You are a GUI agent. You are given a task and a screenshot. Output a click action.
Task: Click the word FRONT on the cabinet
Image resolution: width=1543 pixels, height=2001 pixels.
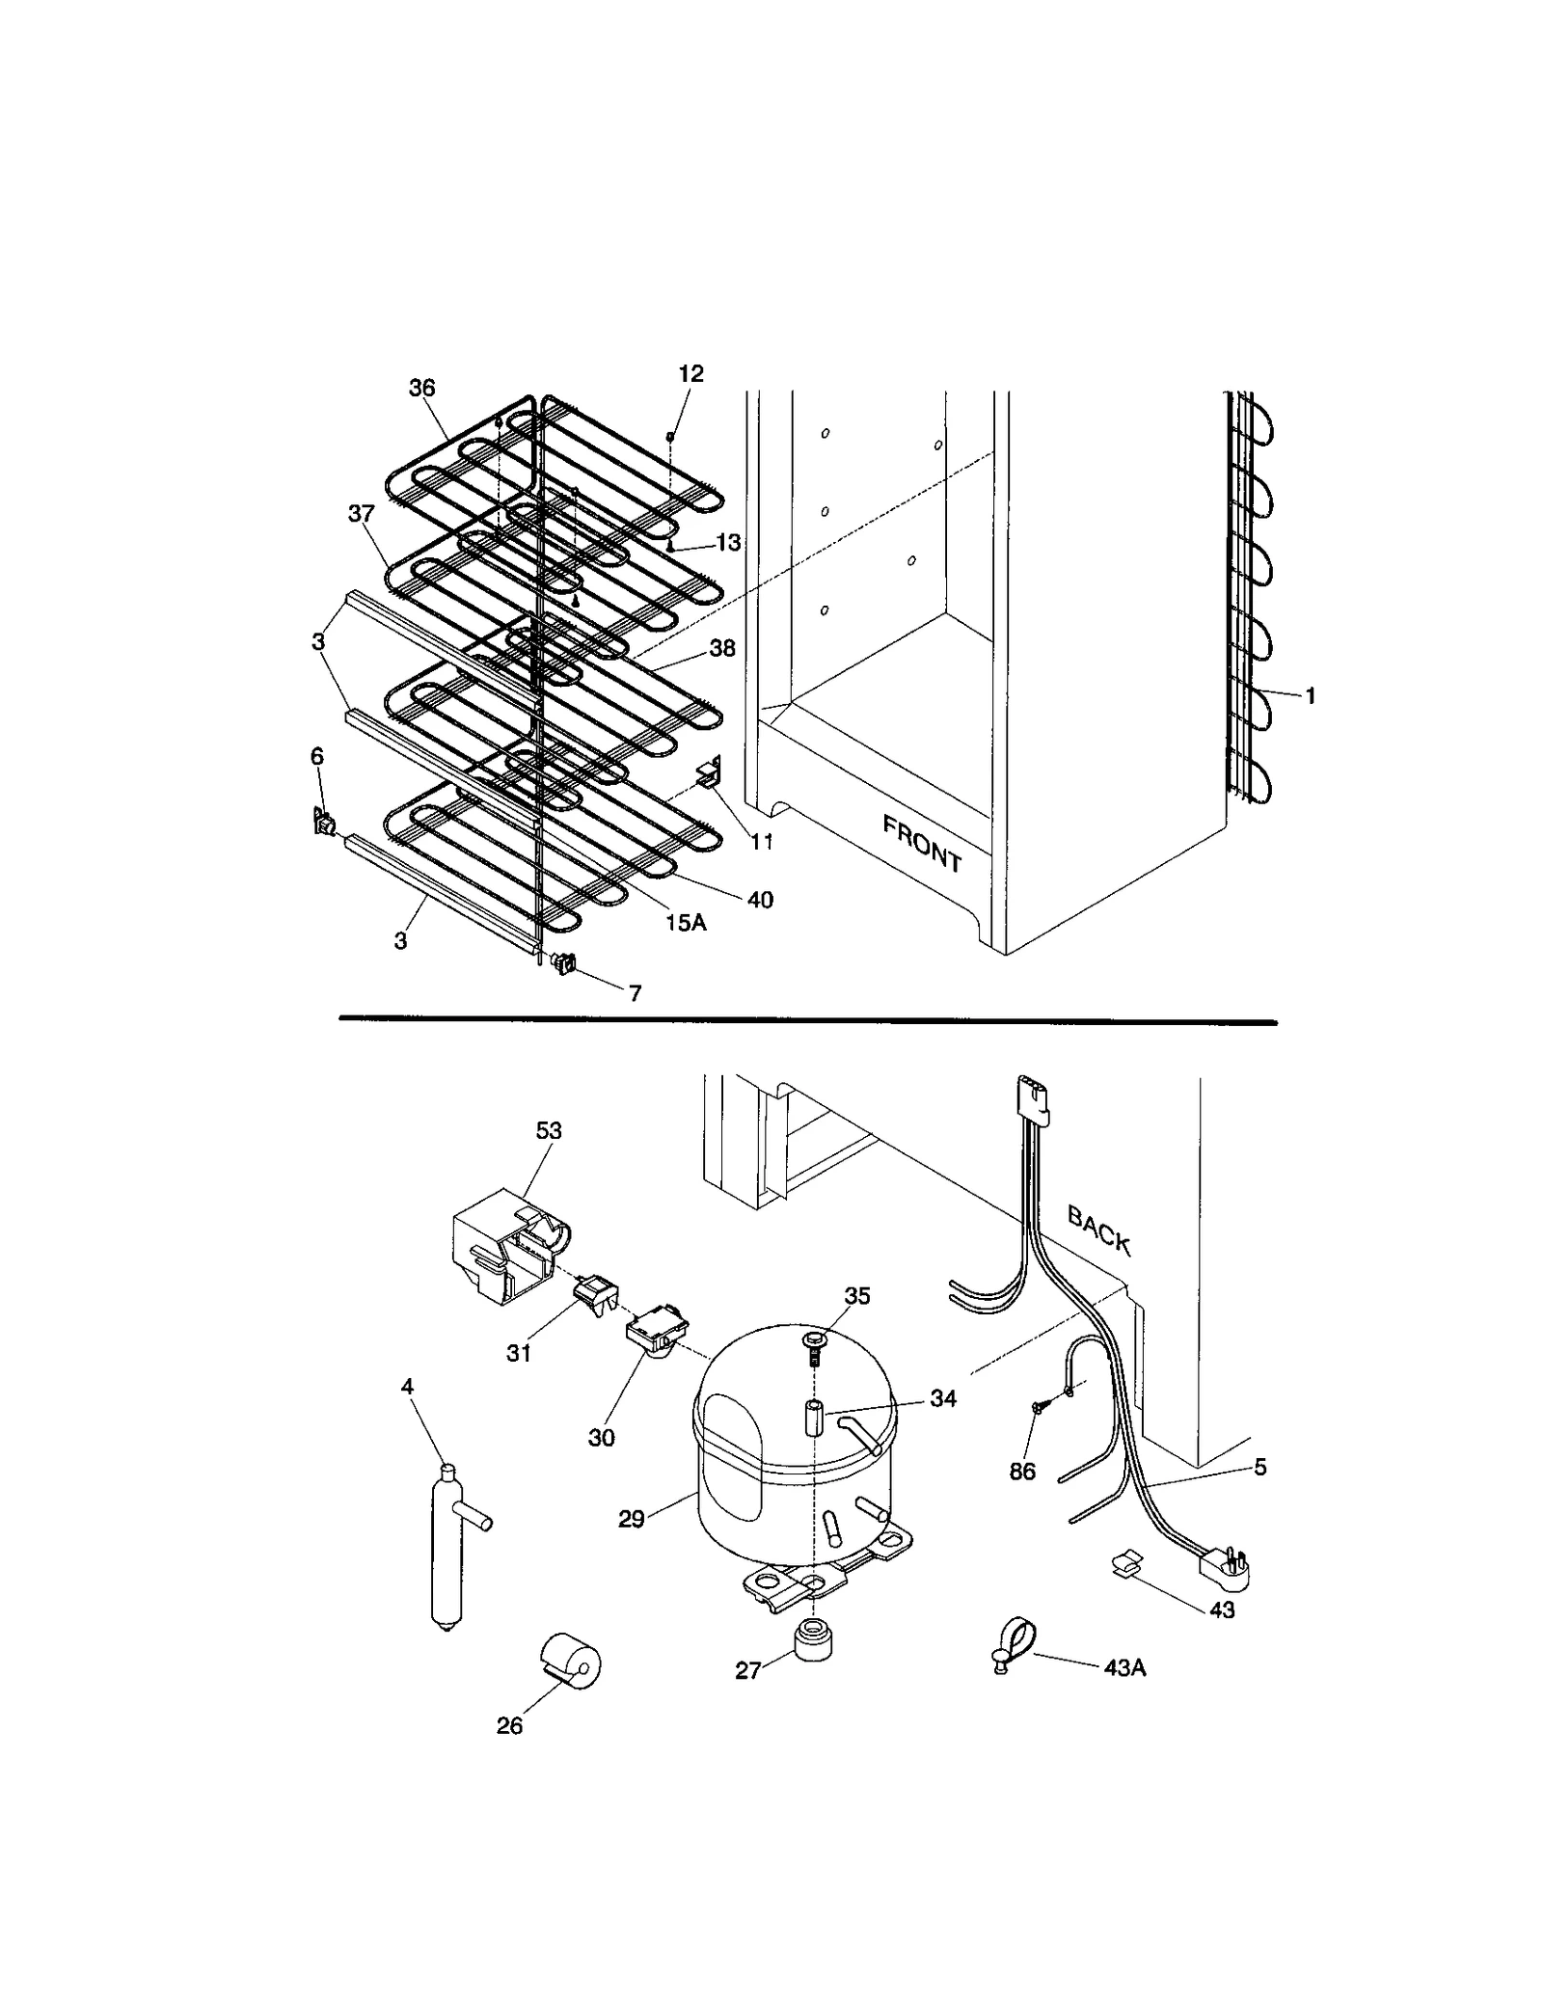(x=922, y=843)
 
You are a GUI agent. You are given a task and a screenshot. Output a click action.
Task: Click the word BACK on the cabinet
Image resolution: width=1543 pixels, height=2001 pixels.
(x=1099, y=1230)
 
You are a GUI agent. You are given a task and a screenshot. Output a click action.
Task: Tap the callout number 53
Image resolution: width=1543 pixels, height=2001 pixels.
(x=548, y=1130)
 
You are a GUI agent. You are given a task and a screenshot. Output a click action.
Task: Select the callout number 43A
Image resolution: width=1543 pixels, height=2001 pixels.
(x=1124, y=1667)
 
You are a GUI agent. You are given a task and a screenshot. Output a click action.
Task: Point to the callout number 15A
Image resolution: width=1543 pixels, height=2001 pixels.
(x=685, y=923)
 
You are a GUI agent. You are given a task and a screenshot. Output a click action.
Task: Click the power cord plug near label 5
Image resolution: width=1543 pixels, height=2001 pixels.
(x=1226, y=1567)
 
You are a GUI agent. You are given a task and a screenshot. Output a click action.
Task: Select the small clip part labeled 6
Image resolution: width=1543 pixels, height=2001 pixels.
(x=324, y=823)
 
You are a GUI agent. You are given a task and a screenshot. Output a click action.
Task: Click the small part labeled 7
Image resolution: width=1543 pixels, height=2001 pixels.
(x=563, y=961)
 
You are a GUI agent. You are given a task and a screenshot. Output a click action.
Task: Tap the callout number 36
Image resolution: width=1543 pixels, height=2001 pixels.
(x=421, y=388)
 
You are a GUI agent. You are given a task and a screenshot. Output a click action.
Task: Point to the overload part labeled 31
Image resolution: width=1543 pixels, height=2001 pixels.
(x=596, y=1290)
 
